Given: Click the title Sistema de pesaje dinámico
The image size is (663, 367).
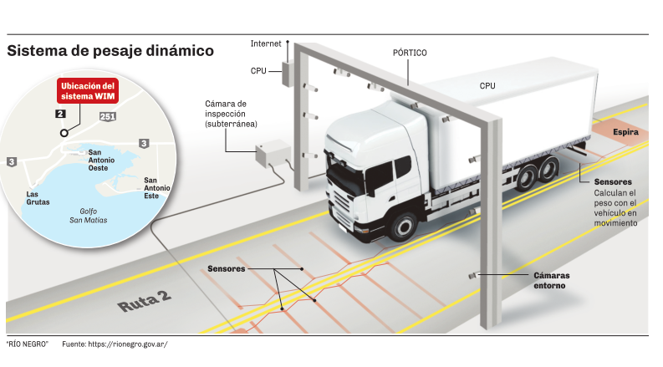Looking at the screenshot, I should pos(110,51).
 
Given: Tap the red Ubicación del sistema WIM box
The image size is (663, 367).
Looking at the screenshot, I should pos(87,91).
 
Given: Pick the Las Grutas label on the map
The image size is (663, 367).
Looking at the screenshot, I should pos(38,197).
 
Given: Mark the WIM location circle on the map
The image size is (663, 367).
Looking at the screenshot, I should pos(63,133).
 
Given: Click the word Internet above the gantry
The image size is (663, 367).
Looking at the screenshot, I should pos(266,43).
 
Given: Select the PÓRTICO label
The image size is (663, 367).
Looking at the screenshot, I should pos(410,53).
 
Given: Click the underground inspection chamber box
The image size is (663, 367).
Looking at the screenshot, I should pos(270,155).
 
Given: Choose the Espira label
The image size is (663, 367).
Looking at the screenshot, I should pos(626,132).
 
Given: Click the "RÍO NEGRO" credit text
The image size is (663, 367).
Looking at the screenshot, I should pos(27,344).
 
